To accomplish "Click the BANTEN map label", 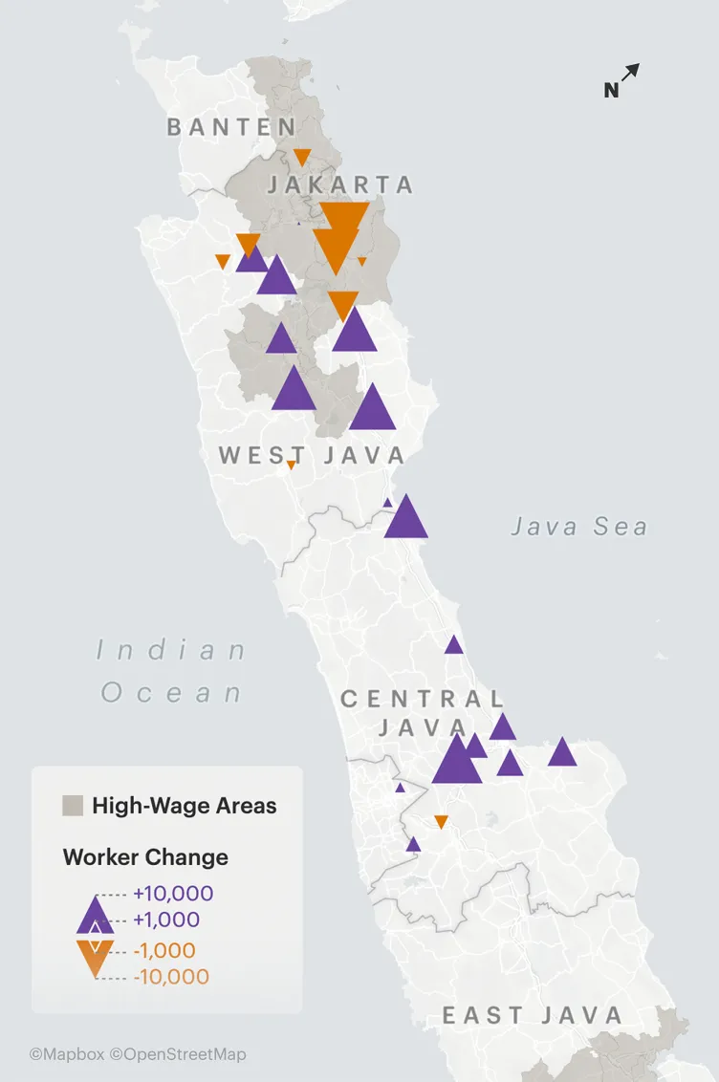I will pyautogui.click(x=231, y=127).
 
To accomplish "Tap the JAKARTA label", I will pyautogui.click(x=339, y=184).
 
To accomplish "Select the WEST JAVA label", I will pyautogui.click(x=312, y=455).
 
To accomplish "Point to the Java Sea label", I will pyautogui.click(x=578, y=527).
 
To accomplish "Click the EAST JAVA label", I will pyautogui.click(x=533, y=1016).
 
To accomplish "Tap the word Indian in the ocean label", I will pyautogui.click(x=172, y=652).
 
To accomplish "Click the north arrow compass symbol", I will pyautogui.click(x=622, y=80).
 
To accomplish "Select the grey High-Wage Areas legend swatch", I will pyautogui.click(x=73, y=806).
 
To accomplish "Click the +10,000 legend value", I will pyautogui.click(x=173, y=894).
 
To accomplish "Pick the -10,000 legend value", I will pyautogui.click(x=171, y=977).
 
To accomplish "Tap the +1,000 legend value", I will pyautogui.click(x=166, y=920).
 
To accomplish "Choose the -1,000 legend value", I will pyautogui.click(x=164, y=951).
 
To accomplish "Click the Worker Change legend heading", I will pyautogui.click(x=145, y=856).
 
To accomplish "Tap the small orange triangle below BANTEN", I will pyautogui.click(x=302, y=157).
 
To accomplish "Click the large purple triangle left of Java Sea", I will pyautogui.click(x=406, y=519).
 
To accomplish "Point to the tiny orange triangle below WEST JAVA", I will pyautogui.click(x=292, y=465).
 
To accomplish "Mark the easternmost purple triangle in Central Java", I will pyautogui.click(x=562, y=753).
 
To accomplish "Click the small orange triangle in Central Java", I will pyautogui.click(x=441, y=821).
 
